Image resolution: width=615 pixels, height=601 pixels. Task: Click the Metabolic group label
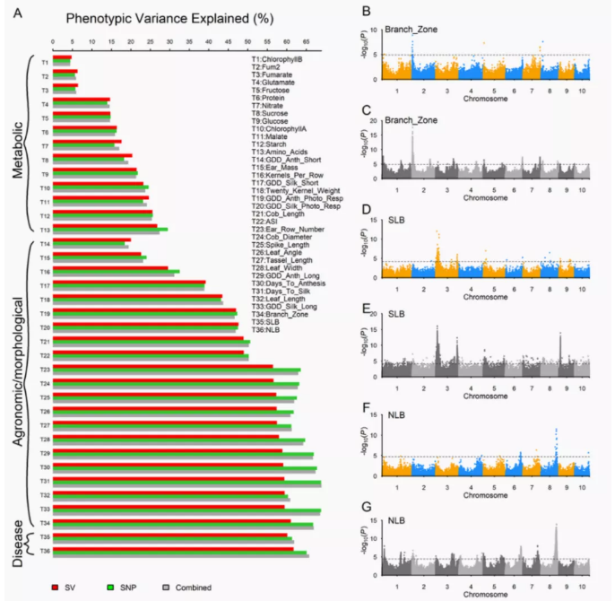pos(15,144)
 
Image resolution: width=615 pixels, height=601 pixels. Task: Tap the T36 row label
pos(44,549)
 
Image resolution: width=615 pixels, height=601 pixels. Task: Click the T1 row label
pos(44,63)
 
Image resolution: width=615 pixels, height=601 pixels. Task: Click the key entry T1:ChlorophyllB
pos(276,58)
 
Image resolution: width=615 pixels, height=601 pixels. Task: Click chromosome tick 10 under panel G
pos(584,586)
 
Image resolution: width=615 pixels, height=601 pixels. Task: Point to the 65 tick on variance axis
pos(307,41)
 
